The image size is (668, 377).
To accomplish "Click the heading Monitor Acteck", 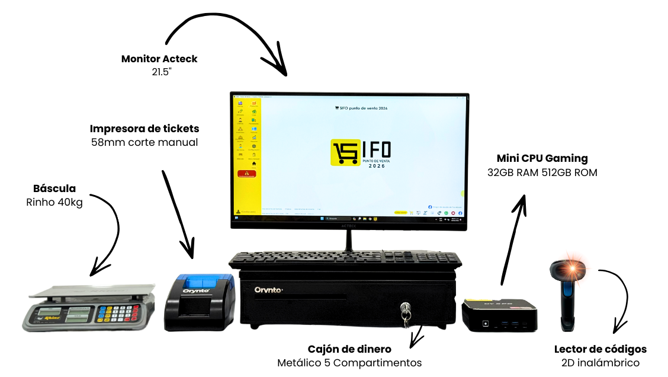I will coord(159,59).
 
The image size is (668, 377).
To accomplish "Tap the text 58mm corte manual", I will coord(144,142).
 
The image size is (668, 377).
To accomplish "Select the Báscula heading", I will coord(54,188).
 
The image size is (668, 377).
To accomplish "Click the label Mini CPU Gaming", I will coord(542,158).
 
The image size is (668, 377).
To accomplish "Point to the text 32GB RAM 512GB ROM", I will coord(542,172).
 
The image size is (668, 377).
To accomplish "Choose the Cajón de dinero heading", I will coord(349,349).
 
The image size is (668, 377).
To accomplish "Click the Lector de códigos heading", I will coord(600,349).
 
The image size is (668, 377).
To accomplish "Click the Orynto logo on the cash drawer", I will coord(269,290).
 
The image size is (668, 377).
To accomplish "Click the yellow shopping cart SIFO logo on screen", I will coord(345,152).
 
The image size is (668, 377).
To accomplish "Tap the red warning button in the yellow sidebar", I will coord(246,174).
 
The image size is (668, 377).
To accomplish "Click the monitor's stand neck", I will coord(349,239).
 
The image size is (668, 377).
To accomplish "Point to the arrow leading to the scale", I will coord(107,231).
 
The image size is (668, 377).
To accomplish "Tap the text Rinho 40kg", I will coord(54,202).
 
